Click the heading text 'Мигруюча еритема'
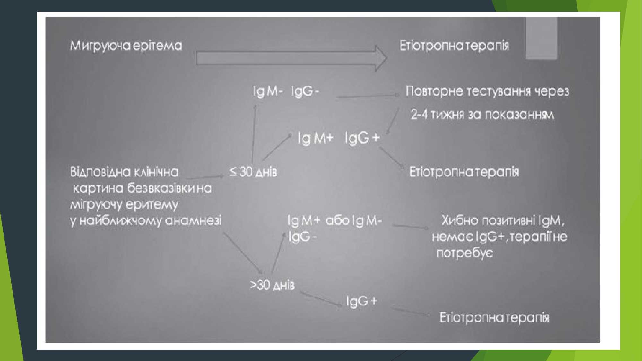126,46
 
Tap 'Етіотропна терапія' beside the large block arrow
454,46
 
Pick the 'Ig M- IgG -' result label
286,91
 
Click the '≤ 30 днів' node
253,172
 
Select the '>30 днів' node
272,285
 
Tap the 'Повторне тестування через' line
487,91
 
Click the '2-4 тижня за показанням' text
482,115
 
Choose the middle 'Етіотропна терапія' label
464,172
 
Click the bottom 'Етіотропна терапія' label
494,317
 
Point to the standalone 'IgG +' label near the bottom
361,301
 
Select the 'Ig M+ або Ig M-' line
334,220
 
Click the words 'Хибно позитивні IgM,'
503,220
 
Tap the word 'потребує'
464,253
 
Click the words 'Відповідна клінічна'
124,172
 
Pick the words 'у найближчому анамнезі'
146,221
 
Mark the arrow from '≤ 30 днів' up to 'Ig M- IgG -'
254,133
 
